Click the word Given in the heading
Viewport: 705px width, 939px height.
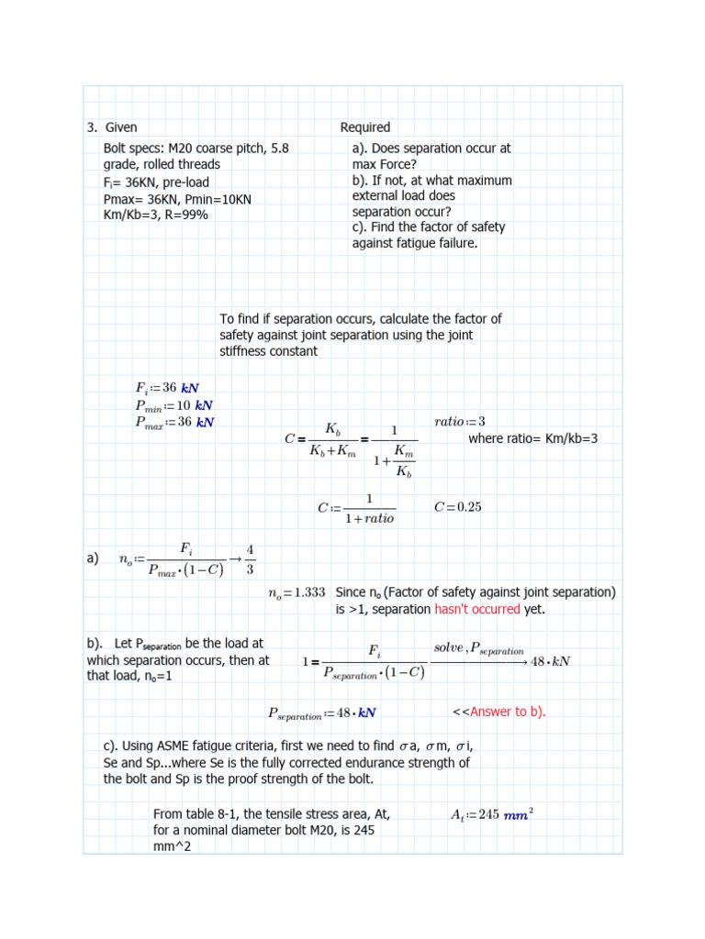[121, 127]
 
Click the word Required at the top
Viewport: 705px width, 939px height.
[364, 127]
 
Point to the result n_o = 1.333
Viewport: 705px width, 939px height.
[297, 593]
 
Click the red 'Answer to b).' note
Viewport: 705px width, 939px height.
[508, 712]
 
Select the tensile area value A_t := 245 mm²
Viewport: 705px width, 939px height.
[493, 813]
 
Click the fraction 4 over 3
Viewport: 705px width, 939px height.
[251, 559]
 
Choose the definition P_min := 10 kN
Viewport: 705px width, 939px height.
[173, 404]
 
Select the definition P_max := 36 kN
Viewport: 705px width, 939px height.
[174, 422]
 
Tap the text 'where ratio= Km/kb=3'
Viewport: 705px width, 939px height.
[532, 438]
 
